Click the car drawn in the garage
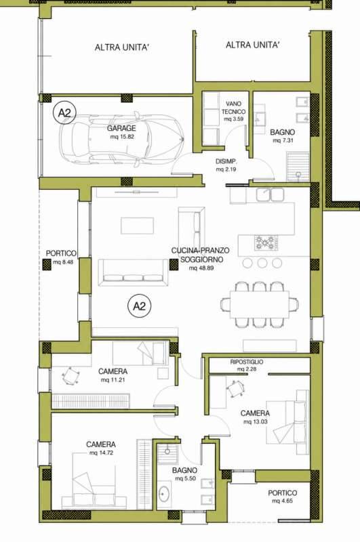121,139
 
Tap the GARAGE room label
121,128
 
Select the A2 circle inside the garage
64,112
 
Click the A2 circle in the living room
140,306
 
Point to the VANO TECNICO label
233,108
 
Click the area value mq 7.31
283,141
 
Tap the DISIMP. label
226,161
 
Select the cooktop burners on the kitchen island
266,243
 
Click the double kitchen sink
270,194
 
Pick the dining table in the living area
259,304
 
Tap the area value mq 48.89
201,268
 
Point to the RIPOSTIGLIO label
247,362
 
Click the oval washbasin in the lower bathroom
164,495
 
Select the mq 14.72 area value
101,453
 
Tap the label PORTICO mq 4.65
283,497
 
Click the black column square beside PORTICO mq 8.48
47,264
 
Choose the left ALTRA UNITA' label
122,47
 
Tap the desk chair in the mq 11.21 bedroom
71,376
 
